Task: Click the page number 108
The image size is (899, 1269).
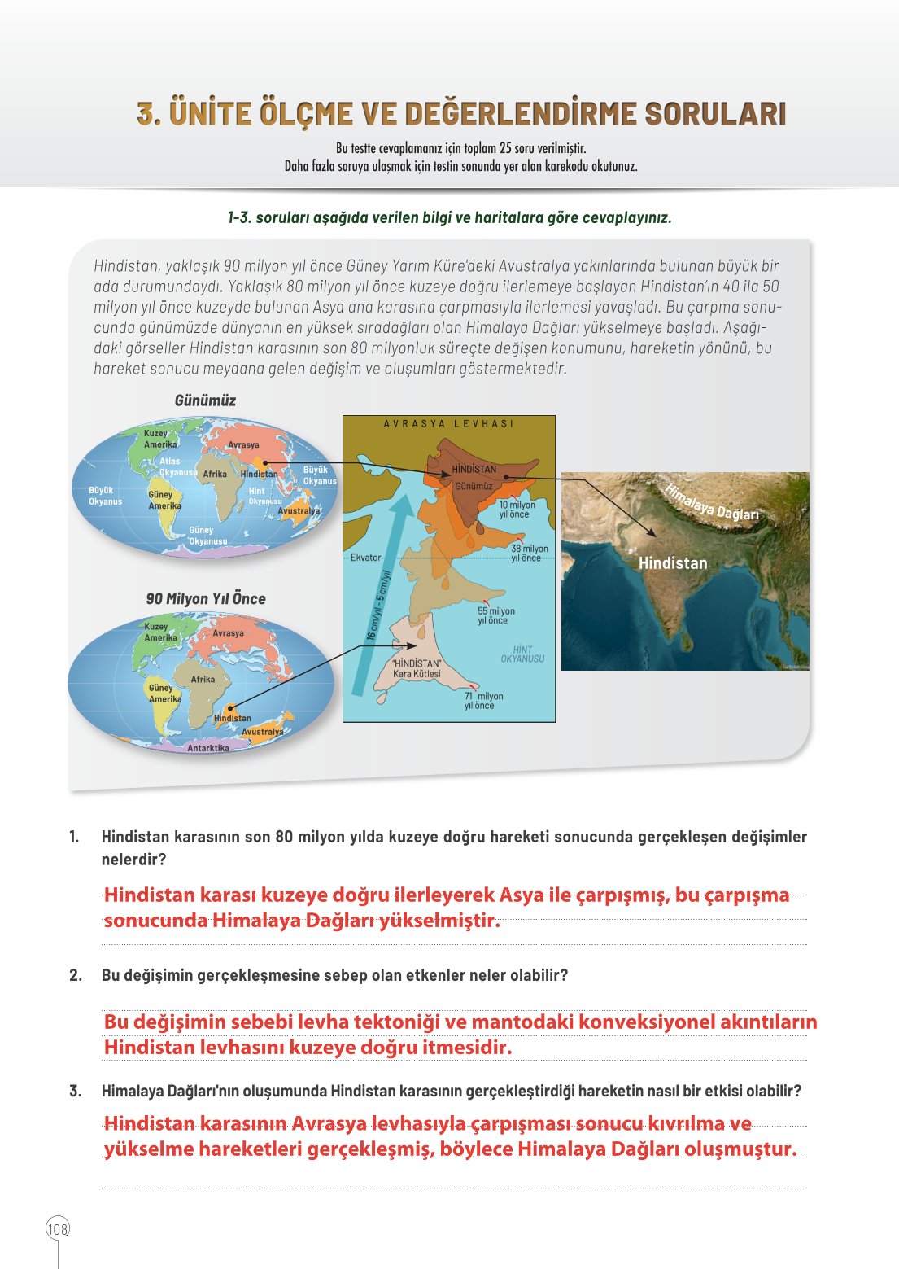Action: (x=58, y=1229)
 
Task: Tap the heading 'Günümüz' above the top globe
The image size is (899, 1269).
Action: (x=205, y=400)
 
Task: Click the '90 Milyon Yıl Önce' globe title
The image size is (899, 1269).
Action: (x=206, y=598)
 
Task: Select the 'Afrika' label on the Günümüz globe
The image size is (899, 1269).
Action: (x=215, y=474)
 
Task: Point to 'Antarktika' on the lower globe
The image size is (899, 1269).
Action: (x=208, y=748)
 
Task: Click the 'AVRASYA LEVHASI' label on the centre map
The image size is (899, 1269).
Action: (x=448, y=424)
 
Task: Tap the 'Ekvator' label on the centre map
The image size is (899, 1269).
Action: (x=365, y=558)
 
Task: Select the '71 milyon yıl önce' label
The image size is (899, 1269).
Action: (x=483, y=701)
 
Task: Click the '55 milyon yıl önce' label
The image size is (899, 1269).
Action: (x=496, y=615)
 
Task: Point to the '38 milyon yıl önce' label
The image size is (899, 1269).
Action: (x=530, y=554)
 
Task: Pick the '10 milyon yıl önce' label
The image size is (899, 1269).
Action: (x=517, y=510)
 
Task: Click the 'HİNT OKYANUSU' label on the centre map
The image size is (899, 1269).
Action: (x=522, y=654)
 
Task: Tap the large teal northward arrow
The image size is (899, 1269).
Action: (x=378, y=594)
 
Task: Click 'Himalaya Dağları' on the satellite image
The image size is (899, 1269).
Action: (x=712, y=502)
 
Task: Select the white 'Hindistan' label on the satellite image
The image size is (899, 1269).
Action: (x=673, y=563)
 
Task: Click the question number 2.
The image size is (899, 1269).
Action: (x=76, y=975)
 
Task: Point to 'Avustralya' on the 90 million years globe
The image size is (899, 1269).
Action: (x=262, y=732)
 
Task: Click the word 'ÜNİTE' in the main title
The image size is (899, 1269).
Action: (x=210, y=114)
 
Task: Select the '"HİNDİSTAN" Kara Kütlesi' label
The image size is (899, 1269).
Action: (x=417, y=668)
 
